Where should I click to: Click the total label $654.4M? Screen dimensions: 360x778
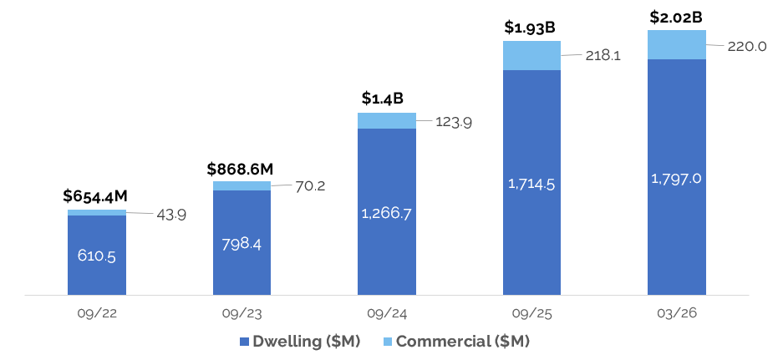[x=95, y=195]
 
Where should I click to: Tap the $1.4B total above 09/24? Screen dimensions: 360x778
[x=387, y=99]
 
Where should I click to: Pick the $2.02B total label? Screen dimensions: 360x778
[x=675, y=16]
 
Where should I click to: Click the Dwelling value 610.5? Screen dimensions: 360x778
[x=97, y=256]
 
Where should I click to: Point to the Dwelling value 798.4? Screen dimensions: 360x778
[x=242, y=245]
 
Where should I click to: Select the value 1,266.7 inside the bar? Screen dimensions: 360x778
[x=387, y=214]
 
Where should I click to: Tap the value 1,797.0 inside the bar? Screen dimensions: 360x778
[x=677, y=178]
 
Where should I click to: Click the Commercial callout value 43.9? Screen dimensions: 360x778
[x=170, y=214]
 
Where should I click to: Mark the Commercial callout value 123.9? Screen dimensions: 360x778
[x=455, y=122]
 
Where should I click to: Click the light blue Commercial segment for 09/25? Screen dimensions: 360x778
[x=531, y=55]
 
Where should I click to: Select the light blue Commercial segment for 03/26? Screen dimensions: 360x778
[x=677, y=44]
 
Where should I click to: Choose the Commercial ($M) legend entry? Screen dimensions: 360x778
[x=455, y=341]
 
